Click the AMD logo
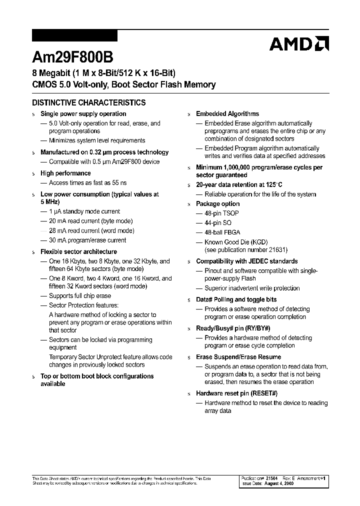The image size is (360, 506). (x=299, y=44)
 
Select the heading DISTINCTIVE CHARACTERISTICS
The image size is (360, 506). (x=89, y=103)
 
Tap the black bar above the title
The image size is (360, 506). (x=74, y=35)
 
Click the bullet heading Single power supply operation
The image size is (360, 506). (x=83, y=114)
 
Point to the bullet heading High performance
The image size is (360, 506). (x=65, y=173)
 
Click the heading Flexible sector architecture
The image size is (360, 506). (x=78, y=252)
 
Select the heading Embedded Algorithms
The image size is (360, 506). (x=227, y=114)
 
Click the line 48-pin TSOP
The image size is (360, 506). (x=221, y=213)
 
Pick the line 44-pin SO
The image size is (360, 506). (x=218, y=223)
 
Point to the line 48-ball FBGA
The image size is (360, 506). (x=222, y=232)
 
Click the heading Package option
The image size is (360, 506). (x=217, y=204)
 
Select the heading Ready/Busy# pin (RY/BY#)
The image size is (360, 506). (x=233, y=328)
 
